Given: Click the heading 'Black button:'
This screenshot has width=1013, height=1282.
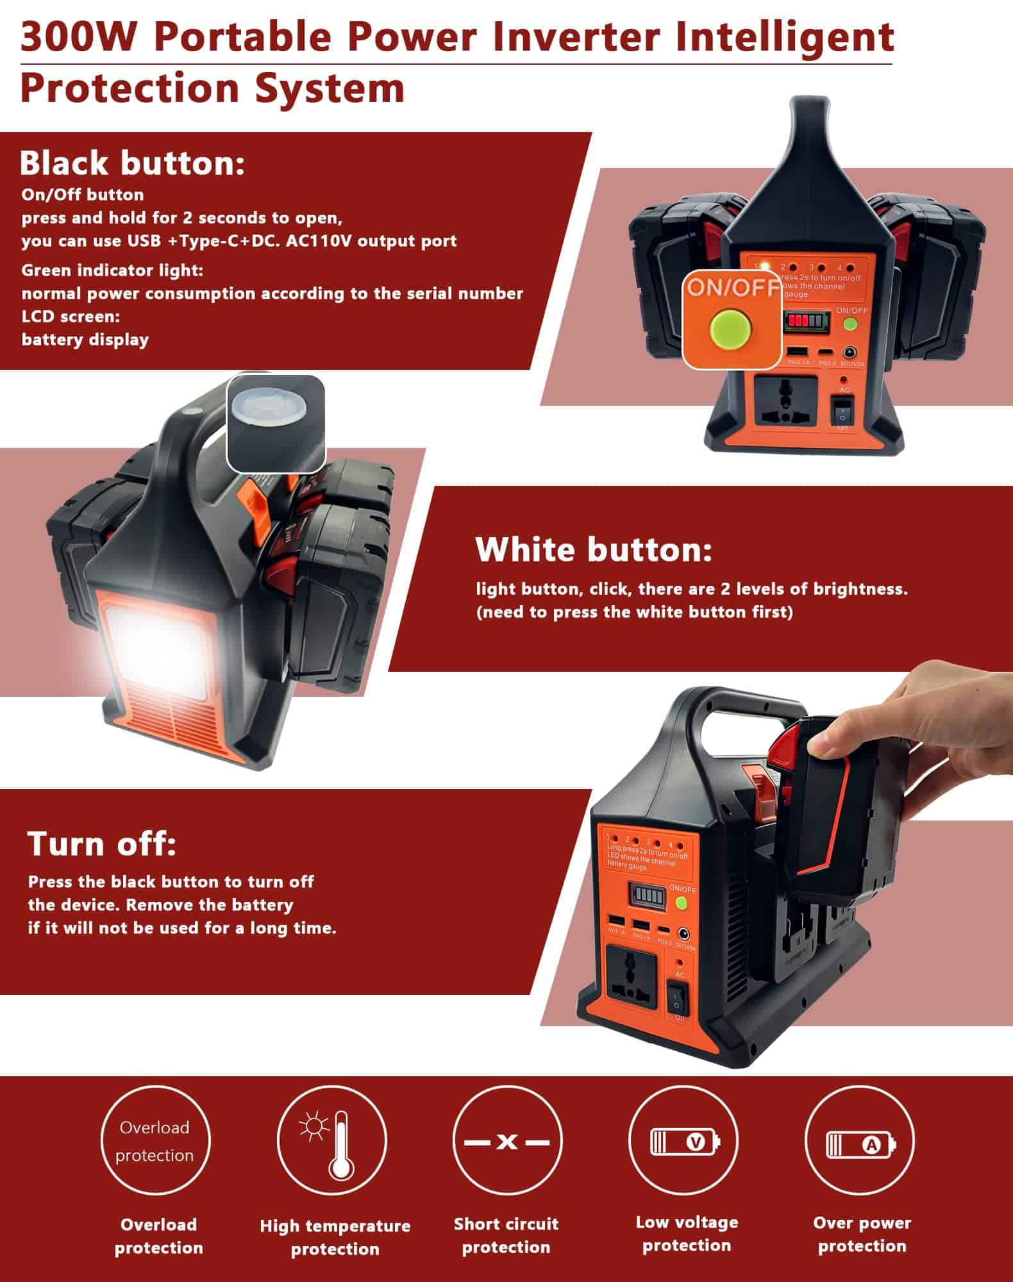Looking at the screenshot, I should pos(132,163).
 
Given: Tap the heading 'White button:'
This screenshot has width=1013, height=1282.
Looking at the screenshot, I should pos(593,550).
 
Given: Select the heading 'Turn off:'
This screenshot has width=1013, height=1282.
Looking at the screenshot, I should pos(101,844).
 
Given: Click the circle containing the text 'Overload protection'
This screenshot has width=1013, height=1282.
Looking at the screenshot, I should pos(155,1142).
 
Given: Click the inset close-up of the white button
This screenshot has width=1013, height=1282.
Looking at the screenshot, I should pos(276,424).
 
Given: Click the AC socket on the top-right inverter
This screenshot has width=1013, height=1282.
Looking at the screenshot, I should pos(787,401).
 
